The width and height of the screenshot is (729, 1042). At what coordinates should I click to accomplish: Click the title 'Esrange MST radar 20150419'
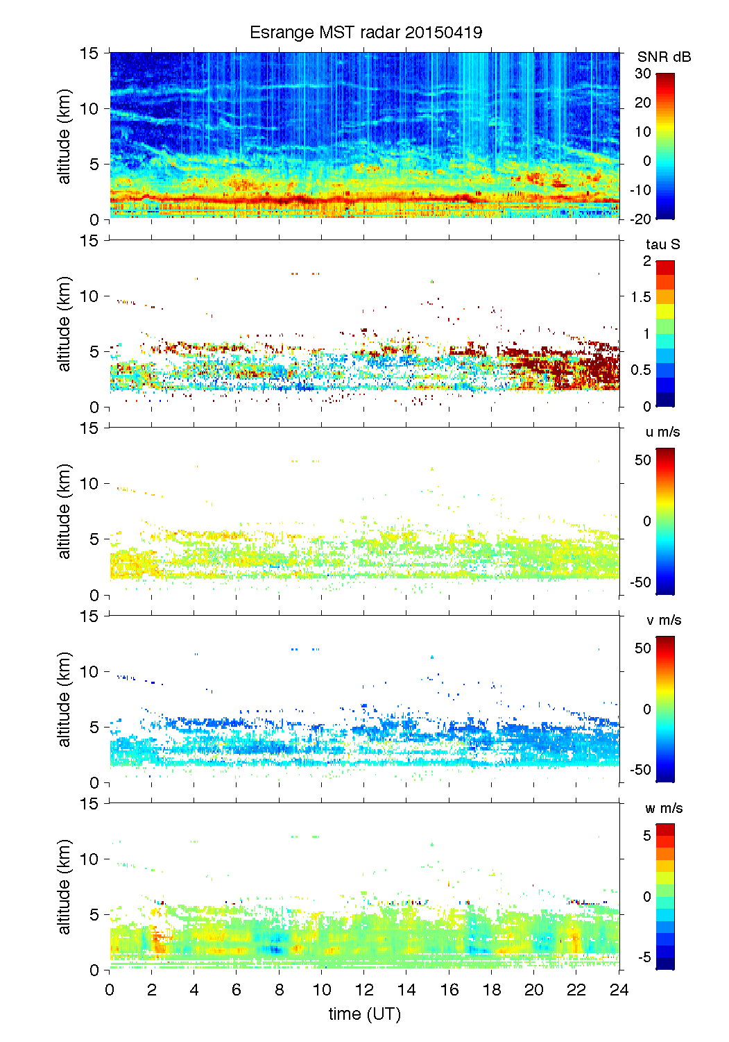pyautogui.click(x=366, y=33)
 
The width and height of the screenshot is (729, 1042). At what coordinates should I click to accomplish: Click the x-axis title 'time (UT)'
pyautogui.click(x=364, y=1014)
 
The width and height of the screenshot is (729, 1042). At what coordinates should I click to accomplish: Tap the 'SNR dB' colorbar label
pyautogui.click(x=664, y=57)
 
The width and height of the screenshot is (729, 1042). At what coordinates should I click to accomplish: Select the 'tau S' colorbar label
pyautogui.click(x=662, y=244)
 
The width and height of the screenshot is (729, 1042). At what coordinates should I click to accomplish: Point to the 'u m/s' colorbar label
pyautogui.click(x=662, y=432)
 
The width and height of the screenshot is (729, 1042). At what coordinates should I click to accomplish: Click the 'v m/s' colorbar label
pyautogui.click(x=663, y=620)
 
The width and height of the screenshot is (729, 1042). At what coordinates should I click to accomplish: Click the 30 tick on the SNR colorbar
pyautogui.click(x=643, y=74)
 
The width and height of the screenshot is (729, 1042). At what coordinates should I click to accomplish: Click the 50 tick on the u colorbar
pyautogui.click(x=643, y=460)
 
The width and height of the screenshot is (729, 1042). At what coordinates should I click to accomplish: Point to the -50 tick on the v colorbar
pyautogui.click(x=640, y=770)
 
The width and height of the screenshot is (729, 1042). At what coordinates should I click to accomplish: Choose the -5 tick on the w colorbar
pyautogui.click(x=644, y=957)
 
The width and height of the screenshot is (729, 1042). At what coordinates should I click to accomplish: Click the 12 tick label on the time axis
pyautogui.click(x=364, y=990)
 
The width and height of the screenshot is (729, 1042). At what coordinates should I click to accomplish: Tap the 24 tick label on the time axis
pyautogui.click(x=619, y=990)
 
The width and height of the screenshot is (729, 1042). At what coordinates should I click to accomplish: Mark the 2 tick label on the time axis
pyautogui.click(x=152, y=990)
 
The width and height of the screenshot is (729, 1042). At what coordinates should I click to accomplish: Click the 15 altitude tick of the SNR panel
pyautogui.click(x=90, y=53)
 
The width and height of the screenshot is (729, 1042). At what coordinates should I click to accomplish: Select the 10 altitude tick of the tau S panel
pyautogui.click(x=90, y=296)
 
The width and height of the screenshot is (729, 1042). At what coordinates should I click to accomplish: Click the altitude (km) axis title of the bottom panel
pyautogui.click(x=65, y=886)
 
